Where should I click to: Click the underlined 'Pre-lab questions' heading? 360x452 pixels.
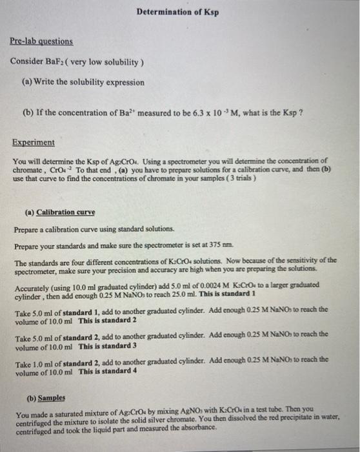(41, 41)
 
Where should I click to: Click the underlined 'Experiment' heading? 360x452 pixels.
(34, 143)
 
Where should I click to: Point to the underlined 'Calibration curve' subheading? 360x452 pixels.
(66, 212)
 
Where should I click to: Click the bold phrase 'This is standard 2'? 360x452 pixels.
(108, 321)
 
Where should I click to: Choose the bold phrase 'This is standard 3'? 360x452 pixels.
(108, 346)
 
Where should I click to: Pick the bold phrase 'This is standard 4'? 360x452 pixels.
(108, 372)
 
